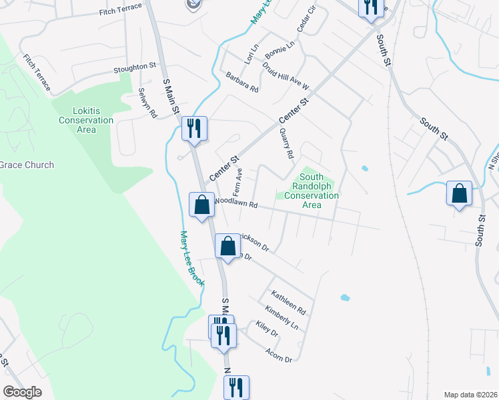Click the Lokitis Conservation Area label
click(86, 120)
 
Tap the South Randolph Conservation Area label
click(312, 191)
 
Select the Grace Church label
click(27, 165)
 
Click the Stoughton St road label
click(134, 67)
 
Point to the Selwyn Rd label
click(147, 103)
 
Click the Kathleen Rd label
click(288, 302)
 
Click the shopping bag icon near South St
click(459, 194)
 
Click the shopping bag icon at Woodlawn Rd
click(202, 205)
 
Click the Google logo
click(22, 392)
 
